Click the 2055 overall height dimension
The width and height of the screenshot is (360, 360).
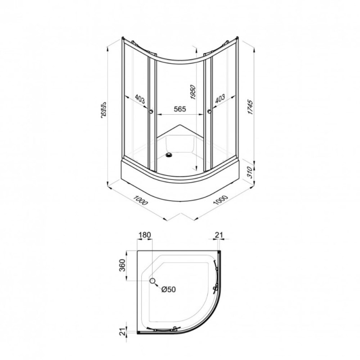point(104,110)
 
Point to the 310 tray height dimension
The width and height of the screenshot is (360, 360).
point(250,172)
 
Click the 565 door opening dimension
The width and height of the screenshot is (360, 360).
point(180,109)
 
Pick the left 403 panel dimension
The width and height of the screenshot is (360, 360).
point(140,99)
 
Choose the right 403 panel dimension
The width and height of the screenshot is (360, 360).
point(220,99)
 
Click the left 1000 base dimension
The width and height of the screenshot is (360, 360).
point(140,200)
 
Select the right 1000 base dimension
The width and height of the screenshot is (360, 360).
point(220,200)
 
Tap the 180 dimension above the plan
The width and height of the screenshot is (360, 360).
point(145,235)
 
